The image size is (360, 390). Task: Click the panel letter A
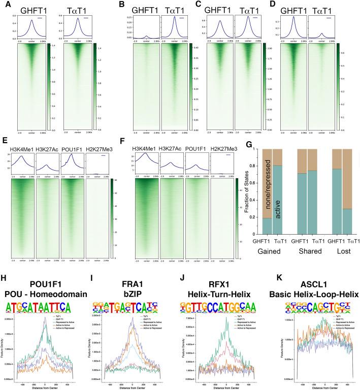pos(6,5)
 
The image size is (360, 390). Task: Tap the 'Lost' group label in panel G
pos(345,266)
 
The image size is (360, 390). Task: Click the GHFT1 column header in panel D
pos(292,11)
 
